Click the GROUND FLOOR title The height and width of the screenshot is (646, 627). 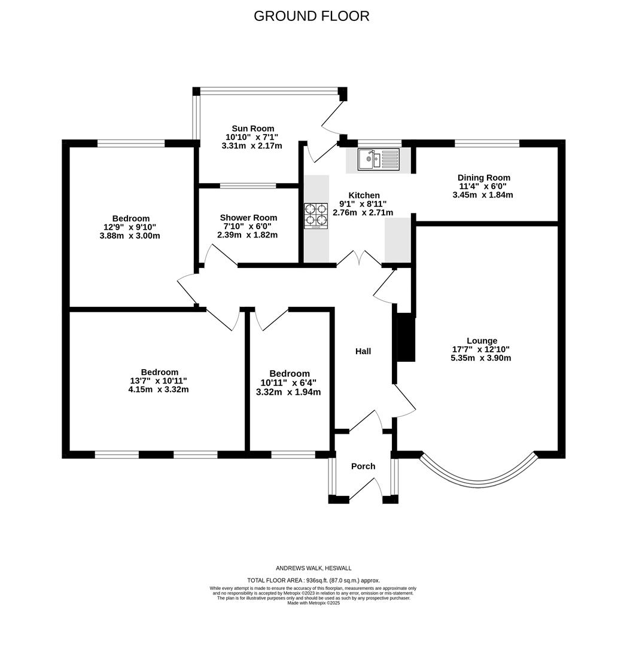(x=311, y=16)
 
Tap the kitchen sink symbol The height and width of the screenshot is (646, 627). (x=378, y=160)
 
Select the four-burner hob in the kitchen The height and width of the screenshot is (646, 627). (x=316, y=216)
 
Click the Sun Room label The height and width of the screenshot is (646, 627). (x=252, y=128)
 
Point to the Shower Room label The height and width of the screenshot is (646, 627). (x=248, y=218)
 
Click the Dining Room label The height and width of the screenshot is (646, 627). (x=483, y=178)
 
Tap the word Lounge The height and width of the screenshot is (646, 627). (x=482, y=340)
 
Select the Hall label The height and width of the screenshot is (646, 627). (x=363, y=351)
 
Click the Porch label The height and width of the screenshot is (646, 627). (x=363, y=466)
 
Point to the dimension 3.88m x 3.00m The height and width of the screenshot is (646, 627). (x=129, y=236)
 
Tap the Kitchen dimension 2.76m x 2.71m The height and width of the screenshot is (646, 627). (x=363, y=212)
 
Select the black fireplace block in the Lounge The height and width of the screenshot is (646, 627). (x=406, y=337)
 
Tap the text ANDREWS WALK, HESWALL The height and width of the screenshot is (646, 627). (x=313, y=568)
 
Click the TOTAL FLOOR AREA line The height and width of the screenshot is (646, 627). (x=313, y=580)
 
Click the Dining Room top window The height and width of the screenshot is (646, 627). (x=486, y=143)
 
